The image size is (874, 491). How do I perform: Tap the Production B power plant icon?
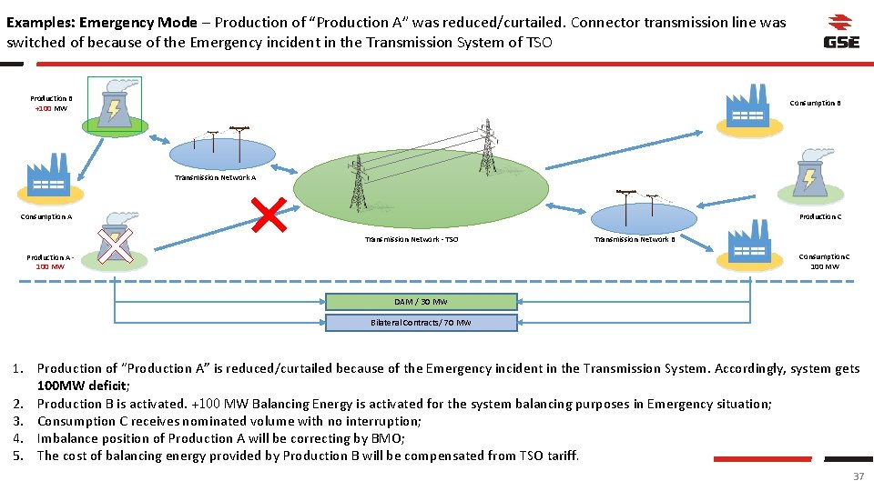114,105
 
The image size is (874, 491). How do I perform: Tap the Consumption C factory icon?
749,246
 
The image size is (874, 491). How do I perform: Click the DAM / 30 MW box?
421,302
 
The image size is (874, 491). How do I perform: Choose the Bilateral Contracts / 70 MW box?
421,323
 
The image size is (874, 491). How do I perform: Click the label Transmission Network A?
215,178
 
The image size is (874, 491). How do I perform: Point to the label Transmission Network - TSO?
412,240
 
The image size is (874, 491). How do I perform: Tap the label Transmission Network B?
635,240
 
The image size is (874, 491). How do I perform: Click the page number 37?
858,476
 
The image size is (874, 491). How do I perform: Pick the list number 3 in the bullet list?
18,421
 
